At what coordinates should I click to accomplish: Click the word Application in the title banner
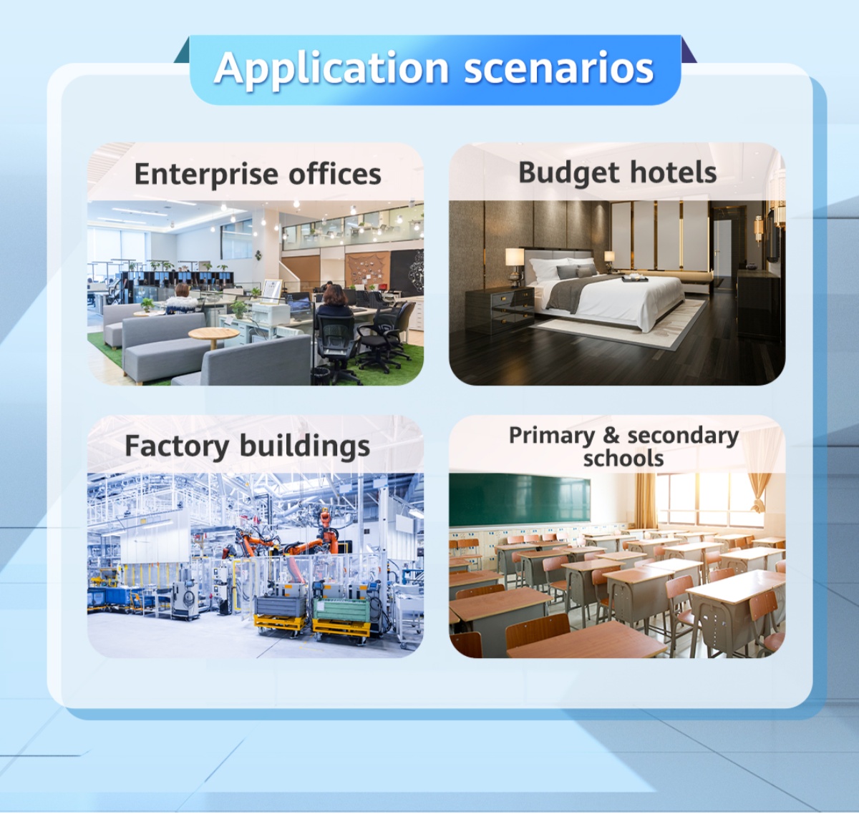[x=331, y=69]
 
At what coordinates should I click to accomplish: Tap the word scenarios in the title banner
[x=558, y=68]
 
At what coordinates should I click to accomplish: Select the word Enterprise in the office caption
[x=205, y=175]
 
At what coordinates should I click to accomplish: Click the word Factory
[x=177, y=446]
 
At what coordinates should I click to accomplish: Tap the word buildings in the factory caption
[x=304, y=446]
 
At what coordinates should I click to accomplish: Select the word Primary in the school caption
[x=551, y=436]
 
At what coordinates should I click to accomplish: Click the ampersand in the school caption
[x=611, y=435]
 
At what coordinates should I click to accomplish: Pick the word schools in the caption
[x=623, y=458]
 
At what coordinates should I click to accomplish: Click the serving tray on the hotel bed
[x=636, y=278]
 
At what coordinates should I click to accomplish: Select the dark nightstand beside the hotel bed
[x=500, y=310]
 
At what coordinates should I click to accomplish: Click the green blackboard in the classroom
[x=520, y=499]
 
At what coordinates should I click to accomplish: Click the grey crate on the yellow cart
[x=281, y=607]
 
